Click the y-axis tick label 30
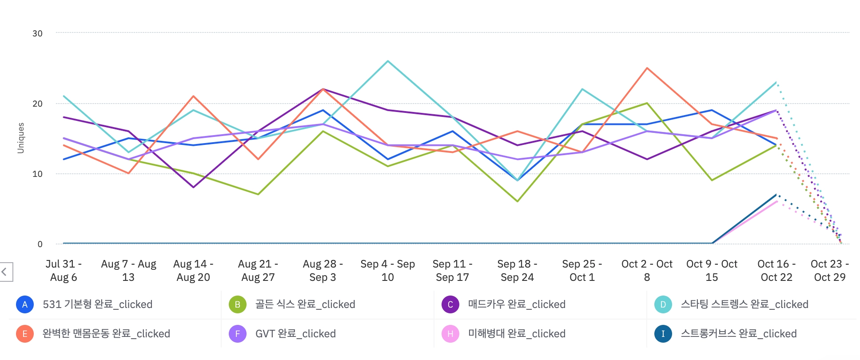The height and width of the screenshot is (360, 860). click(37, 33)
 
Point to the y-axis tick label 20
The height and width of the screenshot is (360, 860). click(37, 104)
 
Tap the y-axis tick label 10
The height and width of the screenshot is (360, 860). click(37, 174)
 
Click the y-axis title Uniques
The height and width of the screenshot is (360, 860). click(20, 138)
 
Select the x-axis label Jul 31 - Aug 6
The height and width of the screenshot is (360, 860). click(64, 270)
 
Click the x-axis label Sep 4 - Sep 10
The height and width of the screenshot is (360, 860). click(387, 270)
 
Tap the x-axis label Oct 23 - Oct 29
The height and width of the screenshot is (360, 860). click(829, 270)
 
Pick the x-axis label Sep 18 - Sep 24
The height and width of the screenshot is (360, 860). click(517, 270)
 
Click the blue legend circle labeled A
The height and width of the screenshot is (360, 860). click(25, 304)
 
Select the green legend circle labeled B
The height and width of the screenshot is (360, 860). click(238, 304)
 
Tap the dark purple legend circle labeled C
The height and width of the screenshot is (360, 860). click(450, 304)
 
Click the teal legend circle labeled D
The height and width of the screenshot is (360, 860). click(663, 304)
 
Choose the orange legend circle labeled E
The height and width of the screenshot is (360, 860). click(25, 334)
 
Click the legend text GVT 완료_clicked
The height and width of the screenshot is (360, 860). click(295, 334)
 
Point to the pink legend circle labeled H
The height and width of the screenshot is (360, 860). click(450, 334)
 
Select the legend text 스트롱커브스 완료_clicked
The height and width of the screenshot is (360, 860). click(739, 334)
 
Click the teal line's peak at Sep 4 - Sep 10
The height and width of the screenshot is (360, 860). click(388, 61)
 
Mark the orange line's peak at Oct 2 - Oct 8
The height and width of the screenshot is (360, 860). click(647, 68)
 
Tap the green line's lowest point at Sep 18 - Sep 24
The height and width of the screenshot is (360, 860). click(518, 201)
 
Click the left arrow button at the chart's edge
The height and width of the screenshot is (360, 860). click(5, 272)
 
